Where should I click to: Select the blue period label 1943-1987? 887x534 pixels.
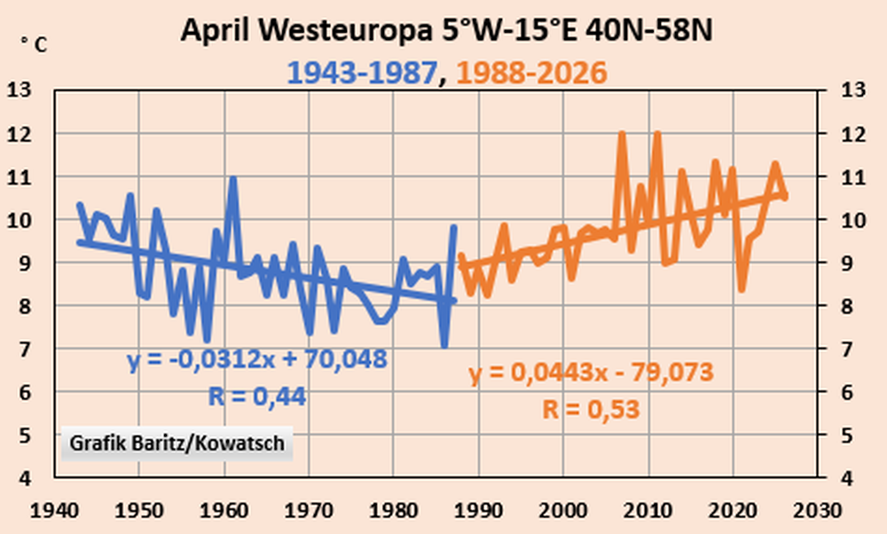[x=363, y=73]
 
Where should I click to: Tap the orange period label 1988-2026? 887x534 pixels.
[x=531, y=73]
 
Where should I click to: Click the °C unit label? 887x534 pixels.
[x=35, y=44]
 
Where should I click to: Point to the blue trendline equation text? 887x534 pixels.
[x=257, y=360]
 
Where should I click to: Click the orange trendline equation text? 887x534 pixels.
[x=591, y=373]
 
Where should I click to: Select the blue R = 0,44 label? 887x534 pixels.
[x=257, y=397]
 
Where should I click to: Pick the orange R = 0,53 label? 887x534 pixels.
[x=591, y=409]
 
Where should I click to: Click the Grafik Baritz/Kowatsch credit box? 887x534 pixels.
[x=177, y=443]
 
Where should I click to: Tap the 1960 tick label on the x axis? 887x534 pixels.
[x=224, y=511]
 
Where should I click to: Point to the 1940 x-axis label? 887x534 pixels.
[x=54, y=511]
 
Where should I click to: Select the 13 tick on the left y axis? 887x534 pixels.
[x=19, y=90]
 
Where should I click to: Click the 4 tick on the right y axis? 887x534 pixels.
[x=845, y=479]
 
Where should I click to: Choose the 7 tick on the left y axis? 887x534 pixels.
[x=24, y=349]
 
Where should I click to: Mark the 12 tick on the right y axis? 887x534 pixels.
[x=852, y=134]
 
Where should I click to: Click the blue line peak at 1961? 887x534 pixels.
[x=232, y=179]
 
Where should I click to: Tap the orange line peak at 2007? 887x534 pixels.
[x=623, y=135]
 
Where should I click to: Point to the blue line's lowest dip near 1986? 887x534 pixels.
[x=444, y=345]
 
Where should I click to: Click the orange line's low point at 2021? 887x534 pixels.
[x=742, y=289]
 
